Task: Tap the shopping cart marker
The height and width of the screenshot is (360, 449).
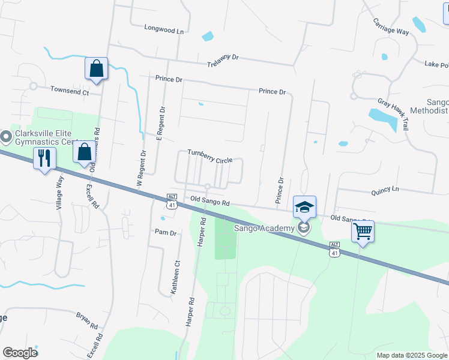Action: click(363, 232)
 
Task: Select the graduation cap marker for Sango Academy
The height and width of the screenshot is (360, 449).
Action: click(304, 208)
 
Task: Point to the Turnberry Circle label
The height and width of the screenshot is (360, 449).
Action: click(210, 156)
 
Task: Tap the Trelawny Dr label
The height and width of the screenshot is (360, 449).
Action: click(223, 61)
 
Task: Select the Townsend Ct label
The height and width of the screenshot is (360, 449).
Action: click(69, 92)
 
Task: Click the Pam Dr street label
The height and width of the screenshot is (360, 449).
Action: click(165, 232)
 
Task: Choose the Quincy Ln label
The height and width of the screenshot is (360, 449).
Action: click(385, 190)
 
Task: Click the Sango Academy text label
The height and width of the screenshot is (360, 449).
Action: click(265, 228)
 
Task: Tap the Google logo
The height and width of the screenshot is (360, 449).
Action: click(20, 353)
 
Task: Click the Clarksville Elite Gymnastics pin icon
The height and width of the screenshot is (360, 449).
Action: click(6, 137)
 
